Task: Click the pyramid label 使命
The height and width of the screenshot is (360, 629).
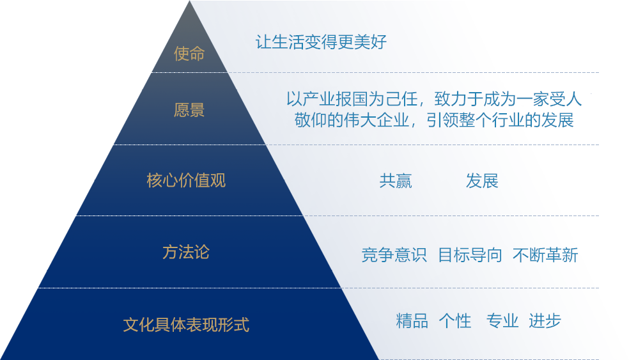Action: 189,53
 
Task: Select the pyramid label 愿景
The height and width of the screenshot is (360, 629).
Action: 189,109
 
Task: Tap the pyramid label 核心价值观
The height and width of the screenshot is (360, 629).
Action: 186,180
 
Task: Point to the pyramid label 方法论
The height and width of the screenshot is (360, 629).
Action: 186,253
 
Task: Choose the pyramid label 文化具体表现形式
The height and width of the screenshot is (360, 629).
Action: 186,325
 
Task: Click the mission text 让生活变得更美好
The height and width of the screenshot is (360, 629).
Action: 321,42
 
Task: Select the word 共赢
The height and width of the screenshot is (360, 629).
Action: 396,181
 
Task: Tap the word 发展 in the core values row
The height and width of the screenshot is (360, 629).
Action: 482,181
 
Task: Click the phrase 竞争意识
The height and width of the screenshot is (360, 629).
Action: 394,255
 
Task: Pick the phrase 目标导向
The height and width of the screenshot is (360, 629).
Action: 470,255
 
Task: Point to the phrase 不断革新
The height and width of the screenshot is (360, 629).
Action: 545,255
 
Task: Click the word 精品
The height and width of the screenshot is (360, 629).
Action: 412,321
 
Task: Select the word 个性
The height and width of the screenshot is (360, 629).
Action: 455,321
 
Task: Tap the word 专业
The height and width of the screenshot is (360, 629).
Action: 502,321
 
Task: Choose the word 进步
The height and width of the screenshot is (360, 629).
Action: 545,321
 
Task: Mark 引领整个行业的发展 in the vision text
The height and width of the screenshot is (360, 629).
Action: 501,120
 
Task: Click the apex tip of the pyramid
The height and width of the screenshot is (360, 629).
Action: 189,1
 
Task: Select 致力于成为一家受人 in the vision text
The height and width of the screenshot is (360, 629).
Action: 508,98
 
